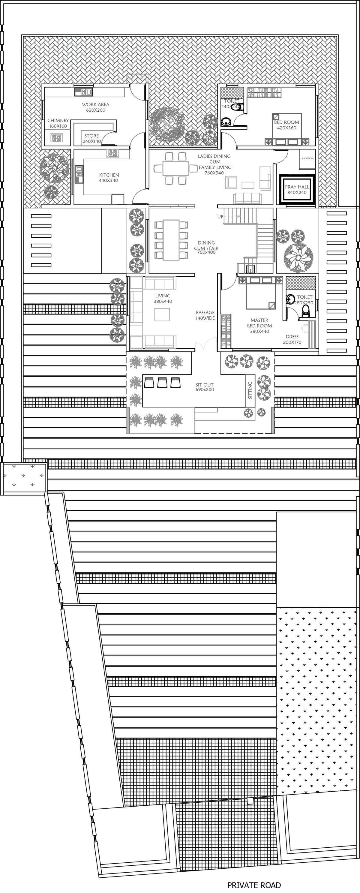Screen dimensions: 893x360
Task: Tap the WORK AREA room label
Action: tap(95, 107)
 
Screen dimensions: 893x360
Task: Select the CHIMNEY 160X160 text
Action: tap(58, 123)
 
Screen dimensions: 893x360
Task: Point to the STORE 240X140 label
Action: tap(91, 138)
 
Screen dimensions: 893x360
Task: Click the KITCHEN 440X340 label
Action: tap(109, 178)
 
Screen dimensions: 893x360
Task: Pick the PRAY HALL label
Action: tap(297, 189)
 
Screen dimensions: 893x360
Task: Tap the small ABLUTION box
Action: tap(307, 158)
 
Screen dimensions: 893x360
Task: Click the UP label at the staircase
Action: tap(220, 217)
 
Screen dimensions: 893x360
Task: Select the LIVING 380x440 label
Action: tap(163, 298)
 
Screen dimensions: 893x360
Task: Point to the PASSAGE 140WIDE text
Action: tap(205, 315)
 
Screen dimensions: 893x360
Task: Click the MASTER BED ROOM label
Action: tap(259, 326)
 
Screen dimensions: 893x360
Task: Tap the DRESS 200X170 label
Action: tap(292, 339)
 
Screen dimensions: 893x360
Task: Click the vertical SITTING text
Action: tap(250, 390)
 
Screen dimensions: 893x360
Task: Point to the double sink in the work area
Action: tap(83, 92)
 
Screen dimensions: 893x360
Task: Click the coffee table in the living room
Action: tap(162, 314)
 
